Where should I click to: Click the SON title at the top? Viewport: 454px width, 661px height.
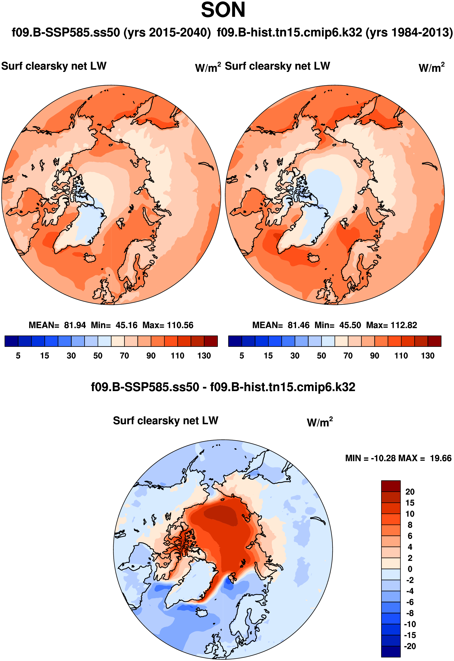pyautogui.click(x=223, y=10)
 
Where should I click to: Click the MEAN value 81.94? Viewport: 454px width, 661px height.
pyautogui.click(x=75, y=325)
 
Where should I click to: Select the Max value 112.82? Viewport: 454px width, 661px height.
pyautogui.click(x=404, y=325)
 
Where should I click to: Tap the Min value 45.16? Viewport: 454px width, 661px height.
pyautogui.click(x=126, y=325)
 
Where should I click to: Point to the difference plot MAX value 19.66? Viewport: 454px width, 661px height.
pyautogui.click(x=440, y=458)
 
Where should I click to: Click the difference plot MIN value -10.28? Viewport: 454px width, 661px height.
pyautogui.click(x=383, y=458)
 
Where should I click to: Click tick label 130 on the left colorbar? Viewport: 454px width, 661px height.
pyautogui.click(x=204, y=356)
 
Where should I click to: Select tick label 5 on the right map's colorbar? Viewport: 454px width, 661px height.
pyautogui.click(x=242, y=356)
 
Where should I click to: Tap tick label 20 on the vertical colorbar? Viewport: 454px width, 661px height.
pyautogui.click(x=410, y=492)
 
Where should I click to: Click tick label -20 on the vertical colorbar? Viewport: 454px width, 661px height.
pyautogui.click(x=410, y=646)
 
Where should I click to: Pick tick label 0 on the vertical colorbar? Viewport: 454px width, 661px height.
pyautogui.click(x=410, y=569)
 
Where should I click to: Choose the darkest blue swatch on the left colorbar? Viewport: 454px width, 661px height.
pyautogui.click(x=11, y=341)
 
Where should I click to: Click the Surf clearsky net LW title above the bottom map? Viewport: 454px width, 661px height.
pyautogui.click(x=165, y=421)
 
